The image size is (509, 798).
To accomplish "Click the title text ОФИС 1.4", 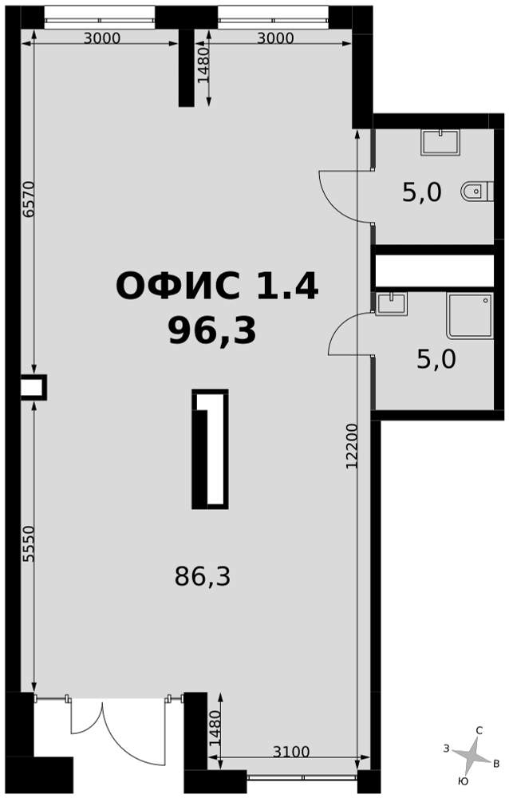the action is (x=217, y=286).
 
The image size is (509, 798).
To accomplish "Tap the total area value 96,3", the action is (x=212, y=330).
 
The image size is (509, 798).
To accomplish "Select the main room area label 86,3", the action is (x=203, y=577).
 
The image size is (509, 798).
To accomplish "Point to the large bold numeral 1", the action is (x=210, y=448).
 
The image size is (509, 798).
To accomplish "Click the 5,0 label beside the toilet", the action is (x=422, y=193).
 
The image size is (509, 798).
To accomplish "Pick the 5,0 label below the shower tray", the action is (x=436, y=359).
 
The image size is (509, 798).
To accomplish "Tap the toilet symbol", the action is (x=477, y=192).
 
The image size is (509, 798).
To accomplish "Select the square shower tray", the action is (x=470, y=315).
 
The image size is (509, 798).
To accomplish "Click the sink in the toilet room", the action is (x=440, y=143).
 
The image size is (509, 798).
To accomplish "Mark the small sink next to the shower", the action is (x=391, y=304).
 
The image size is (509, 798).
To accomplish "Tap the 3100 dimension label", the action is (x=291, y=751).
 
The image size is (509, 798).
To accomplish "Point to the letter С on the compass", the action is (x=479, y=731).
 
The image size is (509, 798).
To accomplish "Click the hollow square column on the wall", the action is (x=34, y=387).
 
